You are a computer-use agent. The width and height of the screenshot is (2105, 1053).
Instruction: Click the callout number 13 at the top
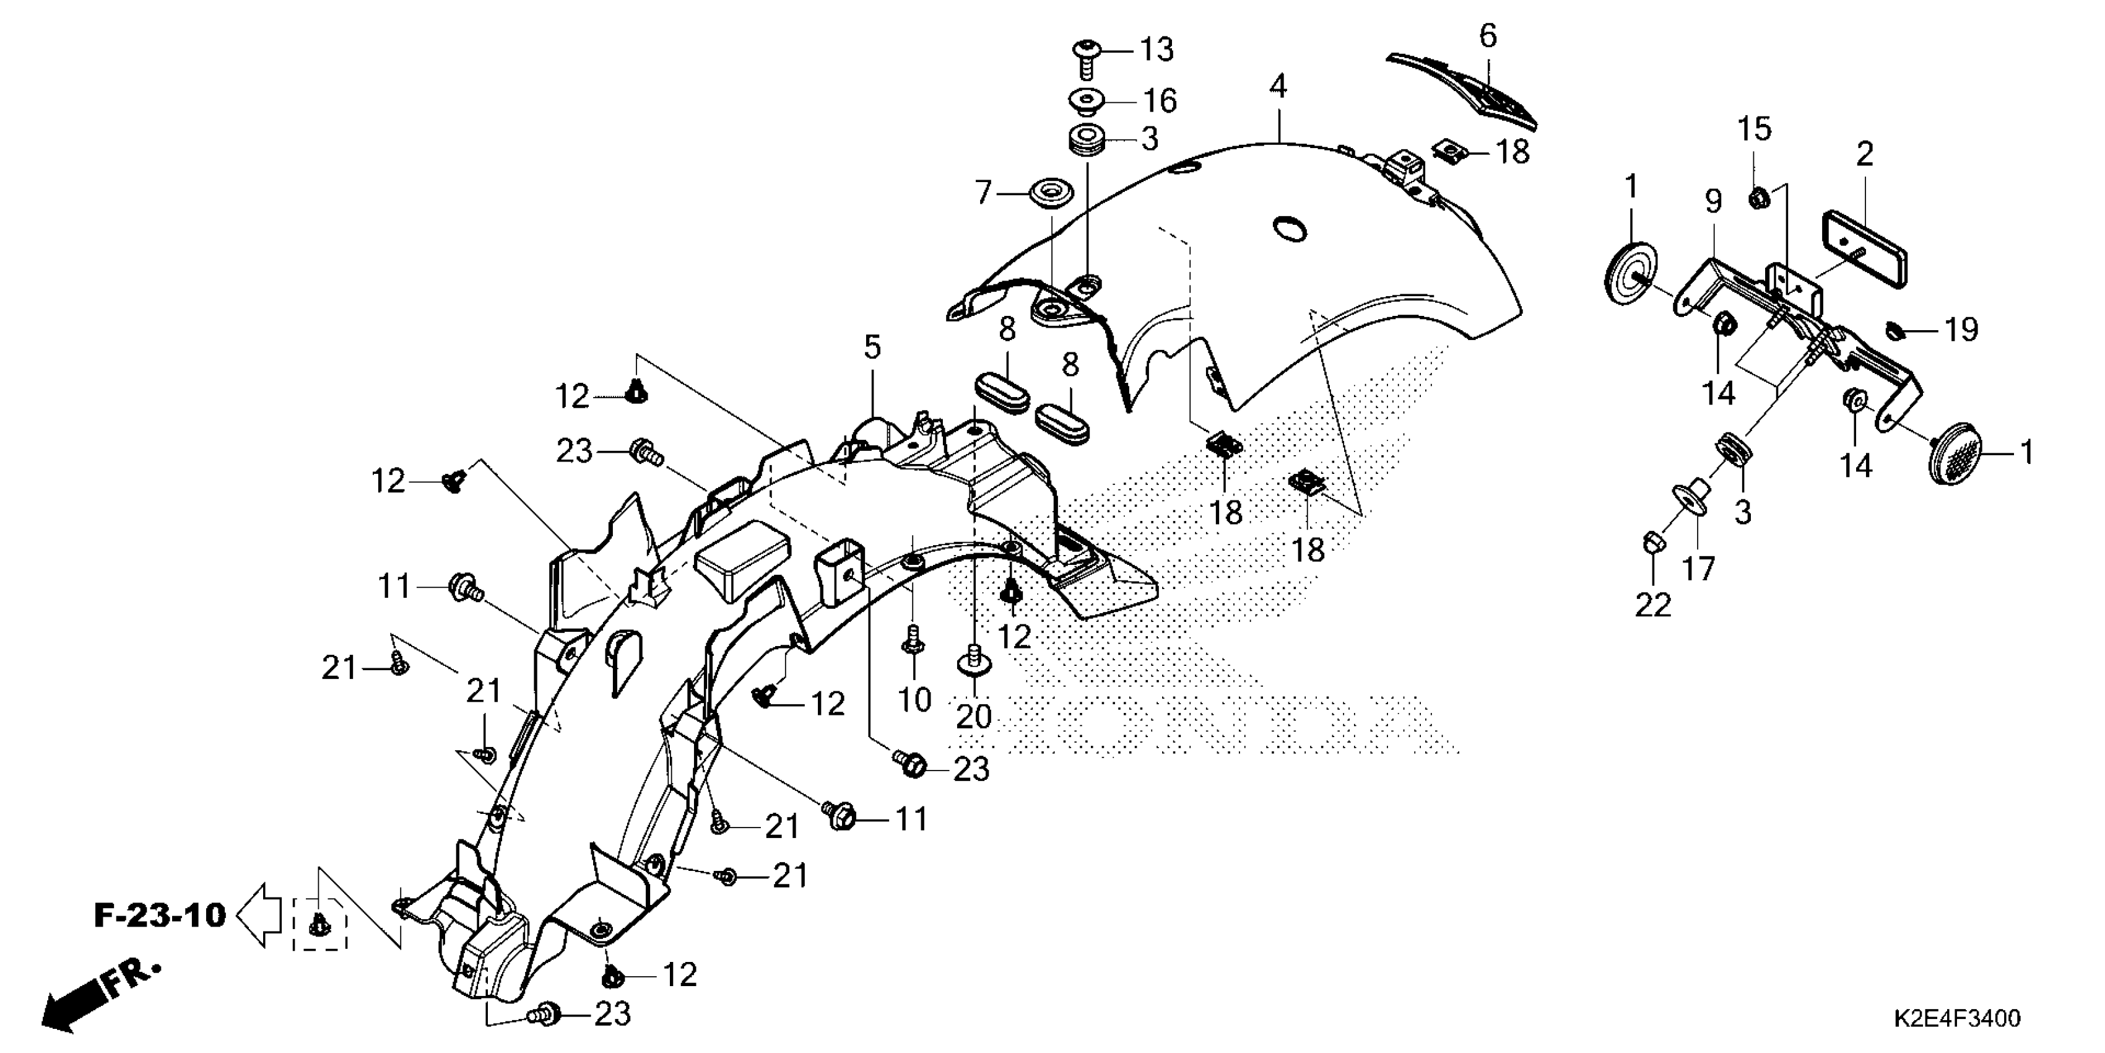click(x=1157, y=50)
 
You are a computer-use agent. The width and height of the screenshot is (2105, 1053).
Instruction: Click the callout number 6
click(x=1488, y=36)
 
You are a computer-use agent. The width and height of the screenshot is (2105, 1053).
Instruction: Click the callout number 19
click(x=1961, y=330)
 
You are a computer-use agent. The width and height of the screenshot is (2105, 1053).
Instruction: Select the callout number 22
click(x=1652, y=605)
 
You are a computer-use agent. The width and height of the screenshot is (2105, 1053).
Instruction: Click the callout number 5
click(x=873, y=347)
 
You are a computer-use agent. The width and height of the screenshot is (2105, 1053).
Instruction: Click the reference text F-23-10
click(x=160, y=915)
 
